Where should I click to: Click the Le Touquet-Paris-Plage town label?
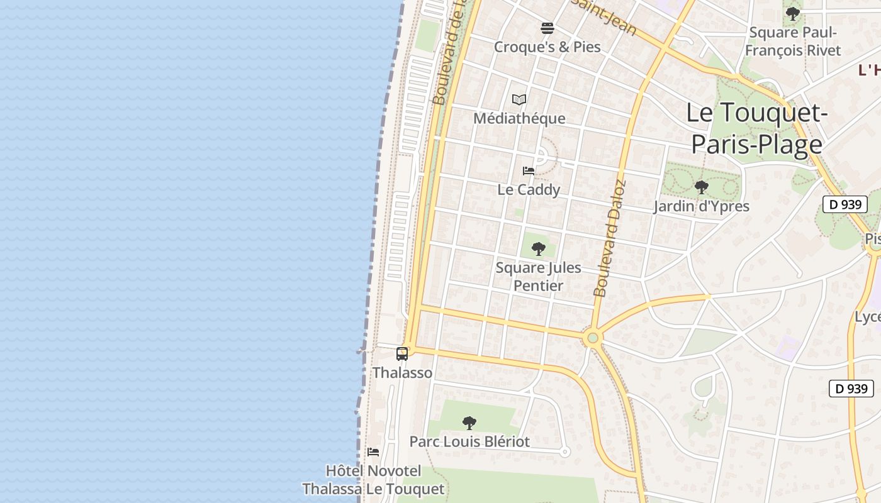click(x=756, y=129)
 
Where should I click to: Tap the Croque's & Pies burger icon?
click(x=547, y=28)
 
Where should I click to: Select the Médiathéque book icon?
click(x=519, y=99)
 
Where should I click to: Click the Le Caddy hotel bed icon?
click(x=529, y=171)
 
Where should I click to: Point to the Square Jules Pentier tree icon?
click(x=538, y=249)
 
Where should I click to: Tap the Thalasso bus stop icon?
click(x=402, y=354)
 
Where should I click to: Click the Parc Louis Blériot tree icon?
click(x=469, y=423)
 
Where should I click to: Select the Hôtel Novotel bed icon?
click(x=373, y=452)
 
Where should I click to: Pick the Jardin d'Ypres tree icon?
click(x=701, y=187)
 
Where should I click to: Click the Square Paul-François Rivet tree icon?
click(x=793, y=13)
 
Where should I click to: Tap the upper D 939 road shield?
click(x=845, y=204)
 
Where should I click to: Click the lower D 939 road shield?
click(x=851, y=389)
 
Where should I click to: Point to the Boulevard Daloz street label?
click(x=610, y=239)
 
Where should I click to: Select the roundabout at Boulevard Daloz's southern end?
click(x=592, y=338)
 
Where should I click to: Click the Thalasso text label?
click(x=402, y=373)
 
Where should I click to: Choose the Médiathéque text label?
click(x=519, y=118)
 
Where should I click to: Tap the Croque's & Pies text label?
click(x=547, y=47)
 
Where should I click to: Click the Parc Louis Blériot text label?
click(x=469, y=441)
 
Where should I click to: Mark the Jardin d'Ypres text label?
click(x=701, y=206)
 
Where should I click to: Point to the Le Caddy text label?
click(x=529, y=190)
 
